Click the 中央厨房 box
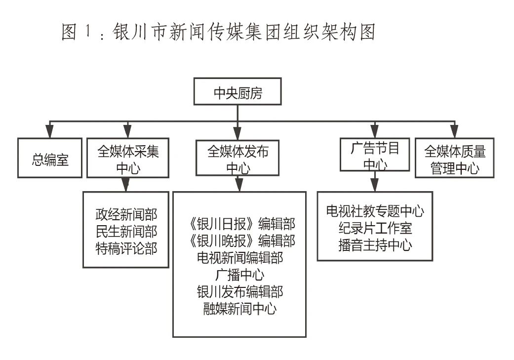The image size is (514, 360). (x=237, y=91)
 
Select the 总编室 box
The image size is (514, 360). (x=50, y=158)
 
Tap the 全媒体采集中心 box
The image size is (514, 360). (x=128, y=158)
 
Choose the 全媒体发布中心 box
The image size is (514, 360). (x=237, y=158)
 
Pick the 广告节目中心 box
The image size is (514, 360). (x=375, y=155)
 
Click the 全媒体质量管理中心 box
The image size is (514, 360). (x=455, y=158)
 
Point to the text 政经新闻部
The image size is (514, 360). (x=126, y=215)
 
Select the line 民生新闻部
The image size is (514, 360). (x=126, y=232)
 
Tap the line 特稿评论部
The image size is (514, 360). (x=126, y=248)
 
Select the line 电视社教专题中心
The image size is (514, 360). (x=375, y=212)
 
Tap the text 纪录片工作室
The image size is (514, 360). (x=375, y=229)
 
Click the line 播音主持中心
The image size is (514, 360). (x=375, y=245)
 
